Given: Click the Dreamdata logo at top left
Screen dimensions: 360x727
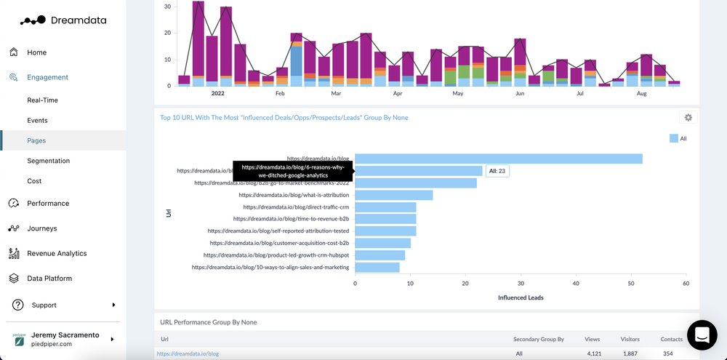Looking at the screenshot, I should [63, 20].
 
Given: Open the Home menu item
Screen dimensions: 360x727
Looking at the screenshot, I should [36, 52].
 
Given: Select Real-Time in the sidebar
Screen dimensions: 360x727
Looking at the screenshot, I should [42, 100].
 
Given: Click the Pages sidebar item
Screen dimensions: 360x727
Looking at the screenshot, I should [36, 140].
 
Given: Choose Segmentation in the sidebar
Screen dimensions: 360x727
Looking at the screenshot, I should [48, 161].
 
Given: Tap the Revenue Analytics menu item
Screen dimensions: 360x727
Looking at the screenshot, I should [57, 254].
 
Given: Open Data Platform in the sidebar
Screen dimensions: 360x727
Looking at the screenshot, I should [49, 279].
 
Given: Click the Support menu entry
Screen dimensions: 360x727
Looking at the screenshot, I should [44, 305].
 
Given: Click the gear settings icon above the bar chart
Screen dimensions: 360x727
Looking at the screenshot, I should [688, 118].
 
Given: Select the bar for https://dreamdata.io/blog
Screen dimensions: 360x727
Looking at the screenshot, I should [498, 159].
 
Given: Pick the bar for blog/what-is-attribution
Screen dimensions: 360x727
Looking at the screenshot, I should [393, 195].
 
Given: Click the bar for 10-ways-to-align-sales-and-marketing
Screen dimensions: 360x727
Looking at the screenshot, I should [377, 268].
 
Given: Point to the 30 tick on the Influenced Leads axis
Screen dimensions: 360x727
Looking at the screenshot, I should [521, 284].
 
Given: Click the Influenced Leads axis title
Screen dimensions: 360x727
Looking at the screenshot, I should [521, 297].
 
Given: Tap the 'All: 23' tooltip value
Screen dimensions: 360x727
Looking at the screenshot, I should [497, 171].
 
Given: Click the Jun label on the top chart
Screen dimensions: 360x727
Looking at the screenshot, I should [520, 94].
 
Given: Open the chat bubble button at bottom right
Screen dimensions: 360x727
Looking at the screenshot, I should [702, 335].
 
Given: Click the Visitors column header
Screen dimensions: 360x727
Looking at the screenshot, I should [630, 340].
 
